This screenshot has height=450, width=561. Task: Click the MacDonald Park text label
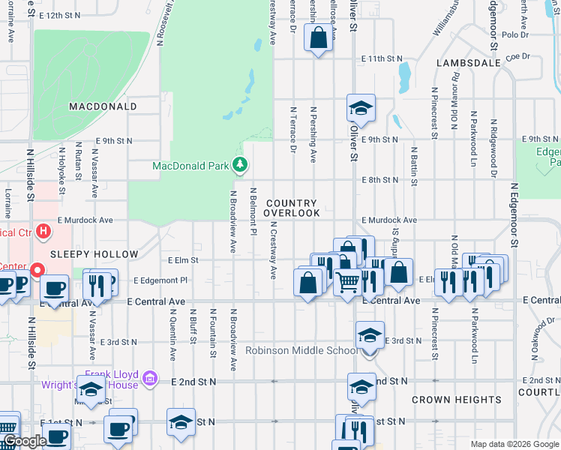coord(190,166)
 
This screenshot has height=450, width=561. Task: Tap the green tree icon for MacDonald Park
coord(239,164)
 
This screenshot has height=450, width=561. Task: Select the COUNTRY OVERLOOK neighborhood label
coord(292,208)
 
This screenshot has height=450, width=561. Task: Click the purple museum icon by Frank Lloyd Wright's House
coord(150,379)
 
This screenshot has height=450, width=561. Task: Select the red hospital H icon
coord(43,230)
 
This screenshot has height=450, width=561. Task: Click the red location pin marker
coord(36,268)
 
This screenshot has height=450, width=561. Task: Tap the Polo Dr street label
coord(516,34)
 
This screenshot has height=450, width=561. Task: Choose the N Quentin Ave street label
coord(172,334)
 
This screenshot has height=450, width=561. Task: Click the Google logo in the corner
coord(25,442)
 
